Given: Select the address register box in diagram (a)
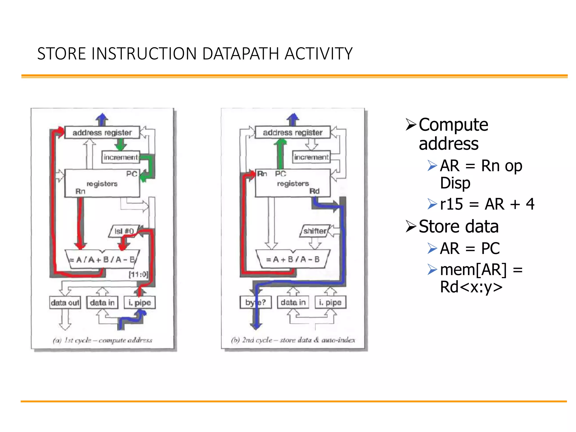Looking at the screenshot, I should pos(102,132).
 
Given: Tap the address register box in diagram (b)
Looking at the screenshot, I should pos(292,132).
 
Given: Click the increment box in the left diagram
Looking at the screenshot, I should pos(120,157).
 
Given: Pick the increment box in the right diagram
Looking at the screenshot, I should pos(311,157).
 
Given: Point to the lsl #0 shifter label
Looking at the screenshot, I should pos(124,231).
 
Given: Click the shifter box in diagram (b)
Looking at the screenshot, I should pos(315,231).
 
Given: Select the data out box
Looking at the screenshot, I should pos(65,303).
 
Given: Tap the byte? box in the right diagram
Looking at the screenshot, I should pos(255,303).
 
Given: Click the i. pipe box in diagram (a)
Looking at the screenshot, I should pos(140,303).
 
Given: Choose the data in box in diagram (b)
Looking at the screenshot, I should pos(293,303).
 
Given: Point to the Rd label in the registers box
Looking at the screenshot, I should pos(314,191).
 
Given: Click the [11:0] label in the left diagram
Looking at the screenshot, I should pos(138,274).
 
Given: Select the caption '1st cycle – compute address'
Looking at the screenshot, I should pos(103,340).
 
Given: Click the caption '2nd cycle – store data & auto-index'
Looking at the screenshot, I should pos(293,340).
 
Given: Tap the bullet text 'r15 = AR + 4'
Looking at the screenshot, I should pos(487,204).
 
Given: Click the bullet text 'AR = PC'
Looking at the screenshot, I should pos(470,248).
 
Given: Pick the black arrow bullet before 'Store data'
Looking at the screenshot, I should pos(411,226).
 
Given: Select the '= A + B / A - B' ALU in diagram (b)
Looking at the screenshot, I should pos(292,259).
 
